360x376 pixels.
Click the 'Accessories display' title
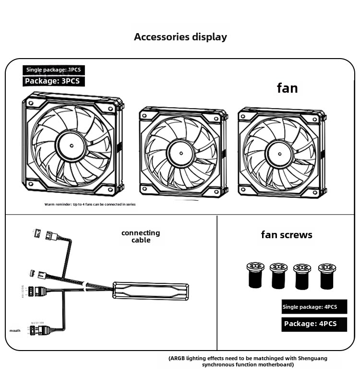(x=180, y=37)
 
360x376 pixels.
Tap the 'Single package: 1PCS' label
(x=53, y=70)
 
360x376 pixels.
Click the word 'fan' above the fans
(x=287, y=88)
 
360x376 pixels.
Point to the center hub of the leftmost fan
(x=71, y=145)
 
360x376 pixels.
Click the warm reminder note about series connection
(x=90, y=205)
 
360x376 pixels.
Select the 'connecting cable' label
(x=141, y=236)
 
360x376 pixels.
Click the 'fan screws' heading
(x=287, y=235)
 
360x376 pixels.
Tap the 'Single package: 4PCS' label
(x=310, y=307)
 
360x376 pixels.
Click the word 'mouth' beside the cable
(x=15, y=331)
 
